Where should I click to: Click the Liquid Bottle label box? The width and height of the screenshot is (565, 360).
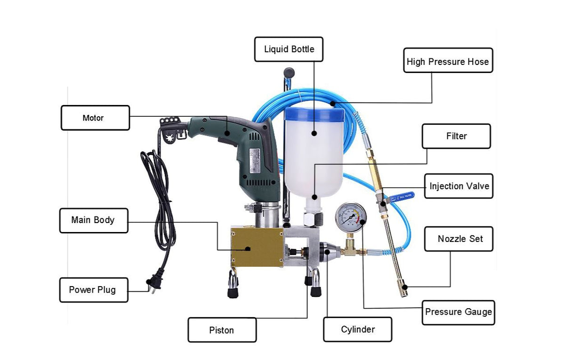[289, 49]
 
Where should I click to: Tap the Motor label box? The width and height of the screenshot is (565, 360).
[95, 118]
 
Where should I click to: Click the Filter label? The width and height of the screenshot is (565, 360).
[456, 136]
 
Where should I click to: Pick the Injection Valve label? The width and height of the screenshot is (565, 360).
[458, 186]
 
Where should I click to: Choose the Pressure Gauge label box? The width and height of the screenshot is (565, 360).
[458, 312]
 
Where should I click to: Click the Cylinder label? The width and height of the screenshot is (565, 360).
[357, 329]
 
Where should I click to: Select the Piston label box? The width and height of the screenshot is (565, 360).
[222, 330]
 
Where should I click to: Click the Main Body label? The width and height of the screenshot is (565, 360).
[93, 220]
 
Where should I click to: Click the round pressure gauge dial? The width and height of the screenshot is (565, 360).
[350, 217]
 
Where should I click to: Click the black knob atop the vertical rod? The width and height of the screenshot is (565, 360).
[289, 73]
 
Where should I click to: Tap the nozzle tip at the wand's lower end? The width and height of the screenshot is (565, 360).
[404, 288]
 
